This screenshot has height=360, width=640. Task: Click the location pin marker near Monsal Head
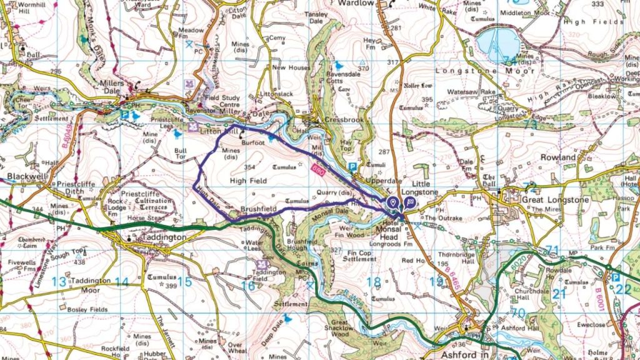392,202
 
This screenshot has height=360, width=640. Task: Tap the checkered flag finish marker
409,202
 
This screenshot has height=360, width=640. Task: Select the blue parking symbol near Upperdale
352,167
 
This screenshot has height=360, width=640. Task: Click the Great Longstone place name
544,200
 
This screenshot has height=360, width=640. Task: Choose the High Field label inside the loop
248,181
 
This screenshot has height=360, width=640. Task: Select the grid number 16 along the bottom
247,285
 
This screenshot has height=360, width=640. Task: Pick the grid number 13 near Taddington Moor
59,281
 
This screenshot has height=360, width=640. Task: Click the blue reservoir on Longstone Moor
497,44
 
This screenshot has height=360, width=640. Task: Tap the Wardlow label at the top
356,4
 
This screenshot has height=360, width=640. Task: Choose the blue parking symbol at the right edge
616,277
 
